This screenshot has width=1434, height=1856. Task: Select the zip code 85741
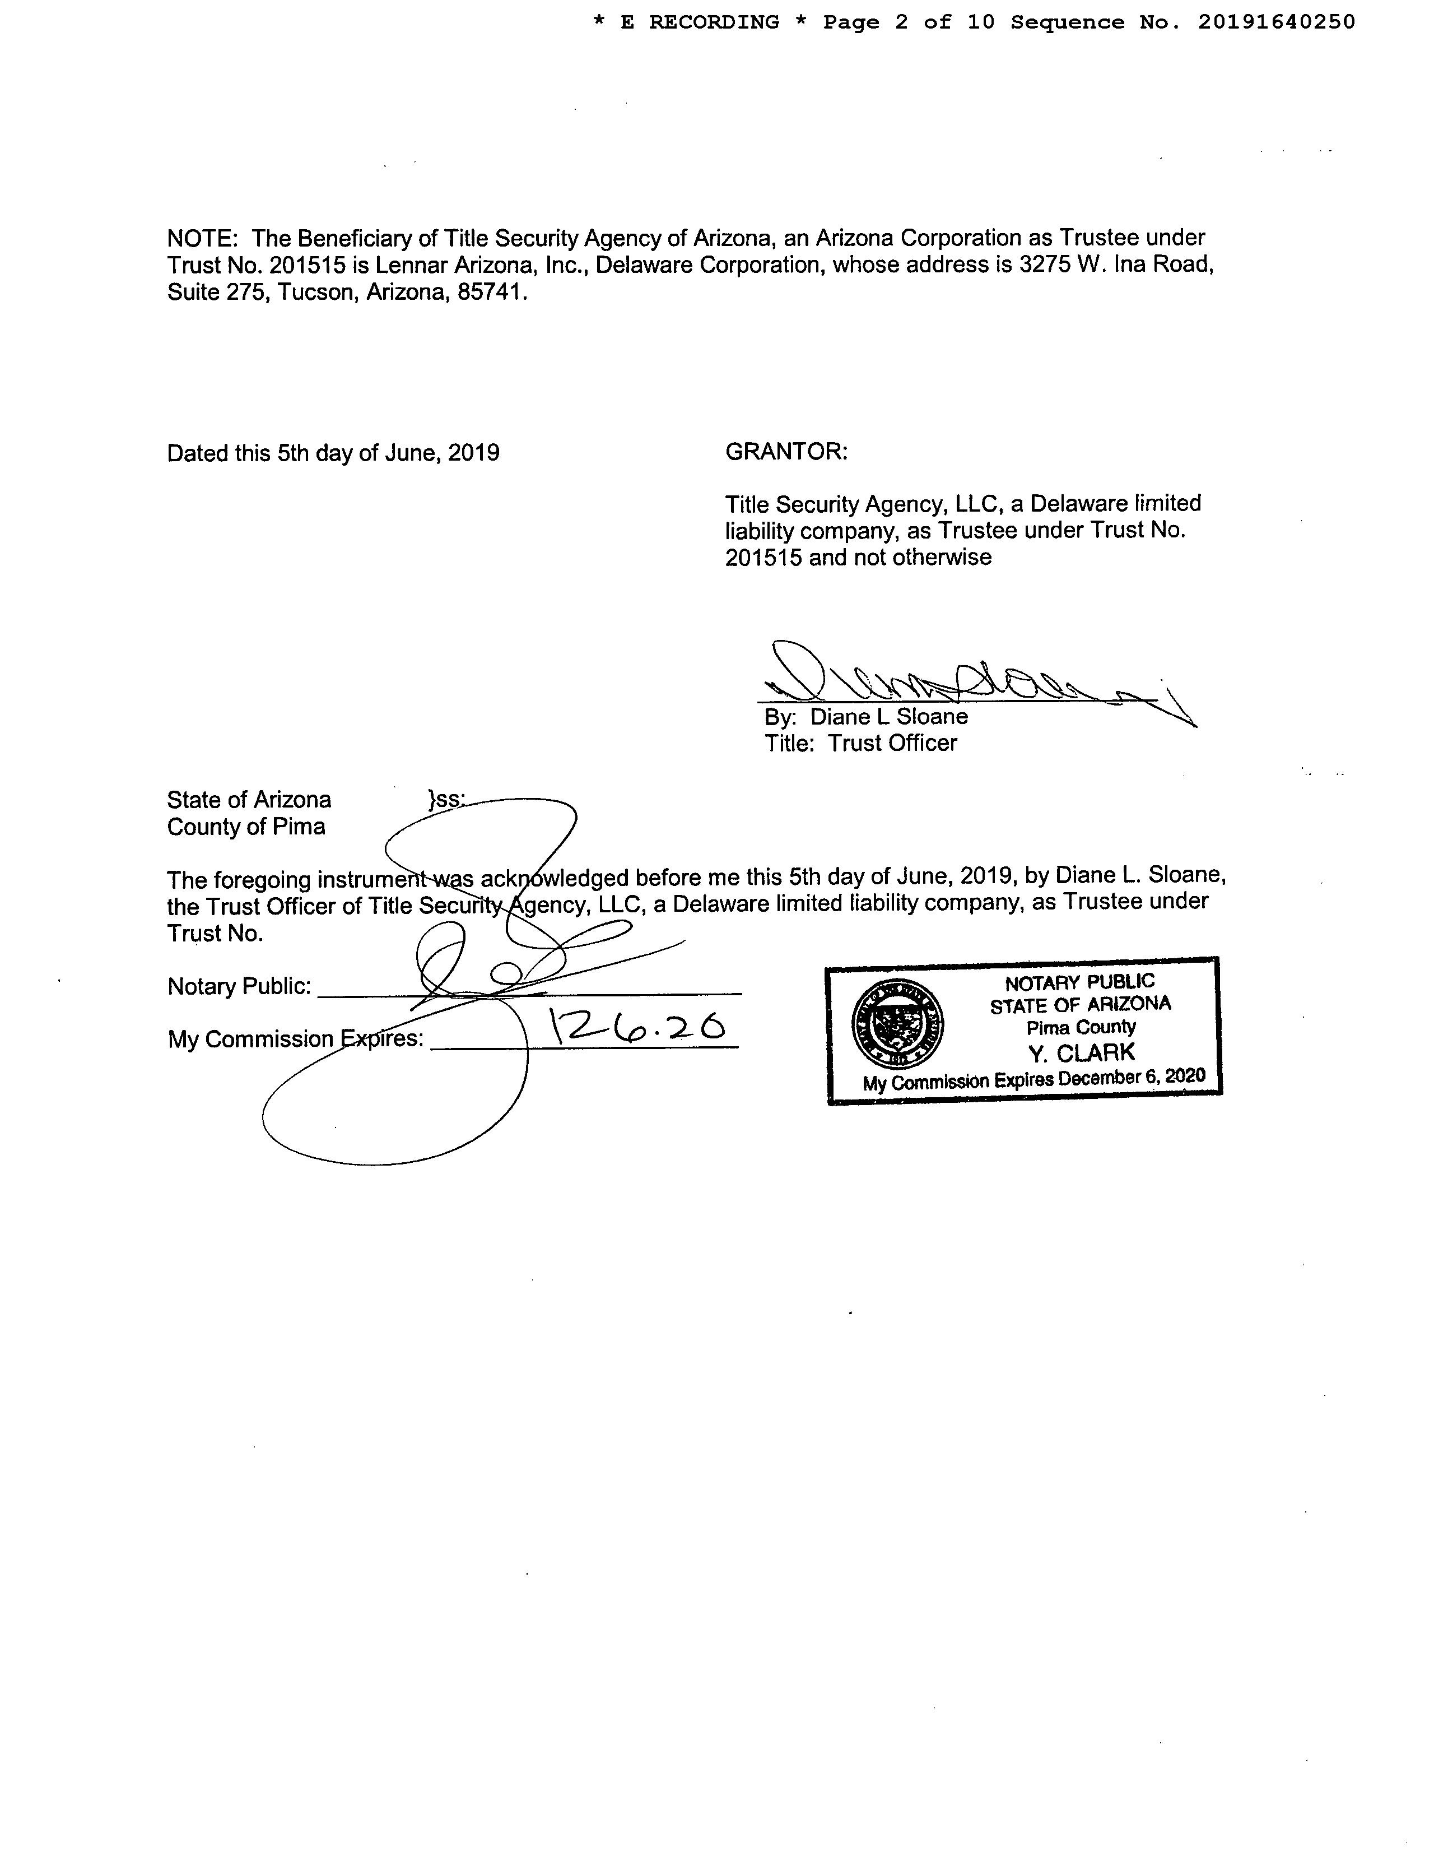[492, 293]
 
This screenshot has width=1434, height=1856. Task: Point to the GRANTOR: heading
[786, 452]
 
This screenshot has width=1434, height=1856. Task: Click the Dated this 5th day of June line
[333, 453]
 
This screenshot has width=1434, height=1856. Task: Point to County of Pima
[245, 828]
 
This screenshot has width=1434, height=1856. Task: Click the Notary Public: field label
[239, 987]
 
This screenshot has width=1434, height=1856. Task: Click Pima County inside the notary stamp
[1081, 1027]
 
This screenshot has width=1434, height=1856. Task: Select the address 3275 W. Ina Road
[1116, 265]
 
